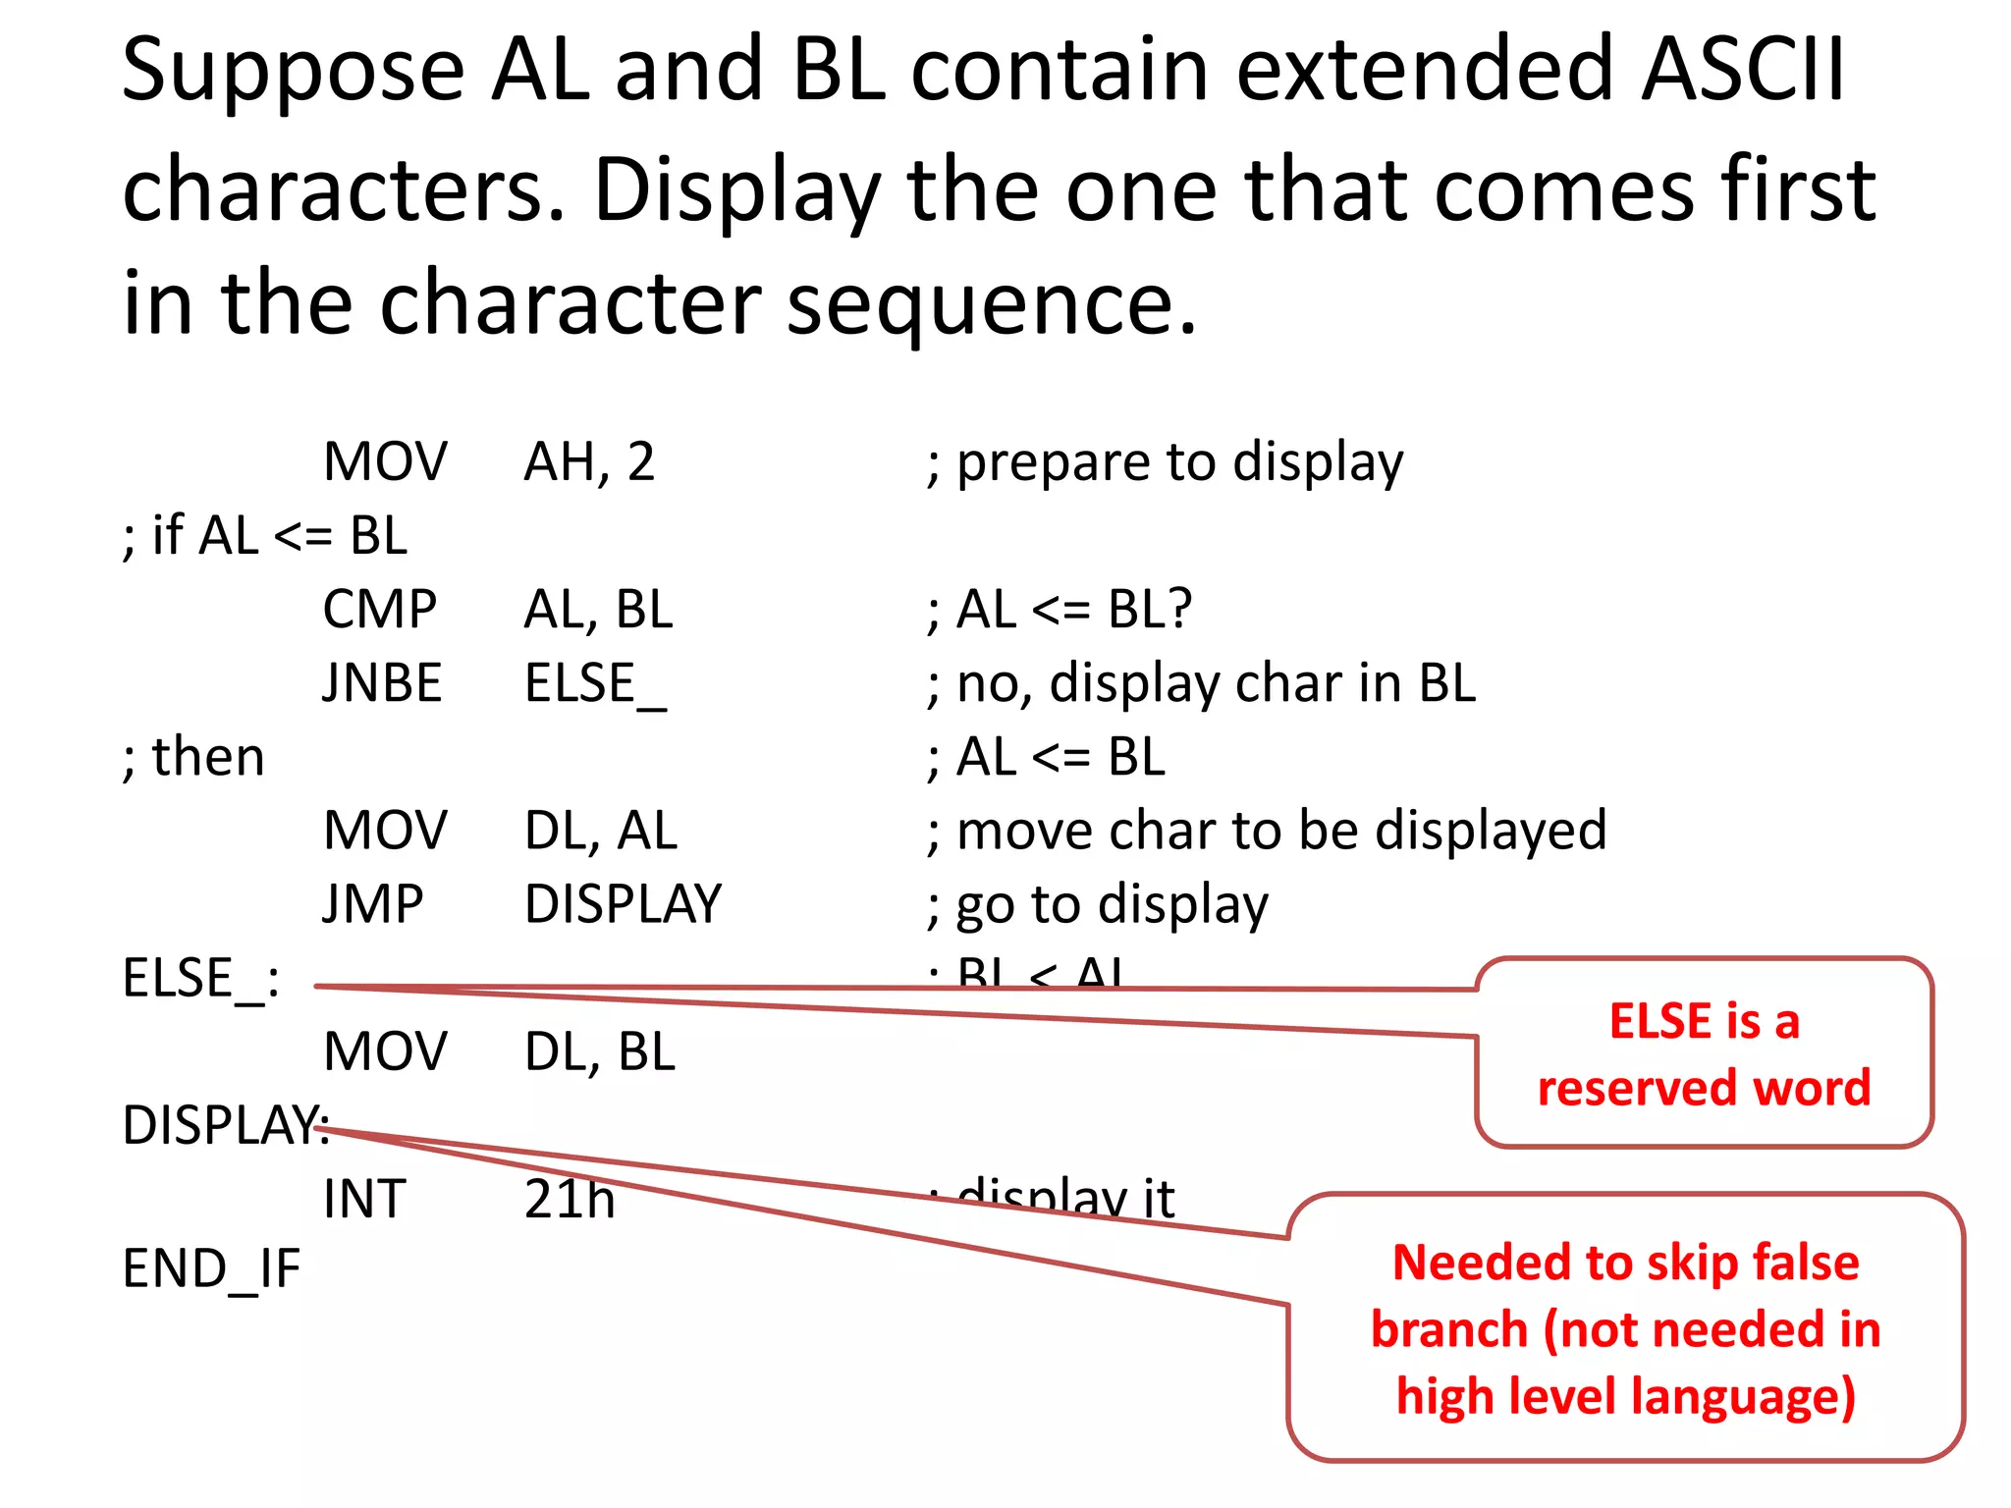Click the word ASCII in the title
[x=1743, y=71]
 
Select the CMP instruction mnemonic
[x=380, y=610]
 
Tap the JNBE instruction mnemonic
[x=382, y=683]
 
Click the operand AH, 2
[x=589, y=461]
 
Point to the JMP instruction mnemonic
[x=373, y=904]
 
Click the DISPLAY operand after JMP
[x=623, y=904]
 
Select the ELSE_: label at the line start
[x=200, y=979]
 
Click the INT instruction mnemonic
[x=364, y=1199]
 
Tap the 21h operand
[x=570, y=1199]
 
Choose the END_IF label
[x=211, y=1268]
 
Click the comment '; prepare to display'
[x=1165, y=462]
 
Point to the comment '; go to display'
[x=1097, y=904]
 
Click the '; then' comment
[x=193, y=757]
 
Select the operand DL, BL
[x=600, y=1051]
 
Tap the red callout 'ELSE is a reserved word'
[x=1704, y=1053]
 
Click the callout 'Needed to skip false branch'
[x=1625, y=1328]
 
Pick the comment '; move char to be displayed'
[x=1267, y=831]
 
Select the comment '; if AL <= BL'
[x=265, y=536]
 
